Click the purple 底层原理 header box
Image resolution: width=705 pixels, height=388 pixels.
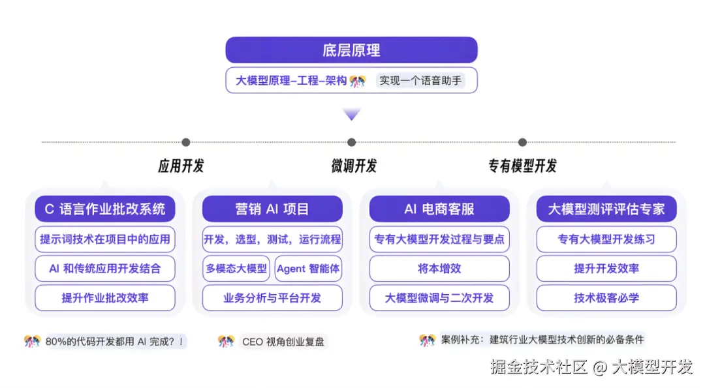tap(351, 50)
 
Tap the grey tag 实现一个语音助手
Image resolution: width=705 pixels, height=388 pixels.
tap(420, 81)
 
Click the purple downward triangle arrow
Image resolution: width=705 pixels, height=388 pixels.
tap(352, 115)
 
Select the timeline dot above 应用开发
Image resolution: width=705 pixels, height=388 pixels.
tap(186, 142)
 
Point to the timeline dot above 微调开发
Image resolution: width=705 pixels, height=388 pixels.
tap(352, 142)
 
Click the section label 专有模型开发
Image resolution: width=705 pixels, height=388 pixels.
tap(522, 166)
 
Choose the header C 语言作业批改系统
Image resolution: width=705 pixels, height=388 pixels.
tap(105, 209)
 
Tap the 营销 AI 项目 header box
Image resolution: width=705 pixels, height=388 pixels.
tap(272, 209)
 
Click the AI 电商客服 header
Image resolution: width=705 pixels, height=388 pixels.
tap(439, 209)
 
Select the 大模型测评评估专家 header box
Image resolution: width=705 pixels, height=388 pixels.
tap(606, 209)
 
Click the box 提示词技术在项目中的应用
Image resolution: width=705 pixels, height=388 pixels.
tap(105, 239)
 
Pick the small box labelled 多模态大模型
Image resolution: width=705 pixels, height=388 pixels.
tap(236, 269)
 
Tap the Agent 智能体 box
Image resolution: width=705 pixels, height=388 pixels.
tap(308, 269)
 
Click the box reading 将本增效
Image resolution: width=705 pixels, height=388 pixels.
tap(439, 269)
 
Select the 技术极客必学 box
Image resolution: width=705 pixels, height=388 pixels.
tap(606, 298)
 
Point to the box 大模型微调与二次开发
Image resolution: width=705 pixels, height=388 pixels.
tap(439, 298)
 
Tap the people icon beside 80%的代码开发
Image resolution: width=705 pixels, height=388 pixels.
tap(32, 341)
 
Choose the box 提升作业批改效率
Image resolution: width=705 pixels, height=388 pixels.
tap(105, 298)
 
